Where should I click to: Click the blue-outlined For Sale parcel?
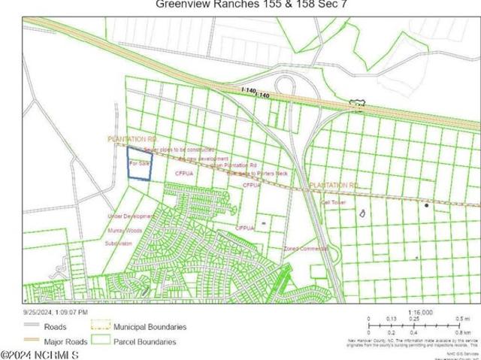pos(138,162)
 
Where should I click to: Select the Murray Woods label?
pos(124,231)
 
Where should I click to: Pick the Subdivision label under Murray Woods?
pos(118,244)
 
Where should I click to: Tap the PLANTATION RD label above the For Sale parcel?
pos(132,140)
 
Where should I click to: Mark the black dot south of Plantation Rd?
pos(426,204)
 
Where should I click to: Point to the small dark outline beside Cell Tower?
pos(363,214)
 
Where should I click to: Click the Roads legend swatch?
pos(32,327)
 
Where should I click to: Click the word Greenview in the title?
pos(180,4)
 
